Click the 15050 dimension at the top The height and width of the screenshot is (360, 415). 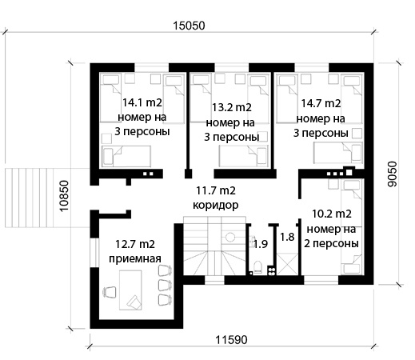click(x=189, y=26)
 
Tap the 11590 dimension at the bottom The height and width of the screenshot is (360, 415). click(x=231, y=340)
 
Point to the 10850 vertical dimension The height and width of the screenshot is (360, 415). click(x=64, y=196)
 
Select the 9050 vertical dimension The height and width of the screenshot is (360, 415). click(x=392, y=174)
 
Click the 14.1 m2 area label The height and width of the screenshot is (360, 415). click(x=142, y=102)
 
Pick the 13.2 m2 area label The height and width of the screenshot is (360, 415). click(x=232, y=107)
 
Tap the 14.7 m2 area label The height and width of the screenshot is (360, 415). click(x=321, y=103)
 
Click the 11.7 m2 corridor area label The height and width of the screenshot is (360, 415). click(x=216, y=190)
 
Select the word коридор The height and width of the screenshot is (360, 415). click(x=216, y=206)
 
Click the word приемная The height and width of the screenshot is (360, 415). click(x=135, y=258)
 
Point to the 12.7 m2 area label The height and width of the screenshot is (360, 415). click(x=135, y=244)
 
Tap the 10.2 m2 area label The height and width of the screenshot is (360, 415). click(x=332, y=214)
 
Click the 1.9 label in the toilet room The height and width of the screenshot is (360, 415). click(x=260, y=244)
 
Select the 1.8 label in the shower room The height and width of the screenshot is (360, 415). click(x=287, y=237)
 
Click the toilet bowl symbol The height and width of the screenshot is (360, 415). click(x=257, y=267)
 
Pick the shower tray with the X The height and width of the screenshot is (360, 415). click(x=287, y=264)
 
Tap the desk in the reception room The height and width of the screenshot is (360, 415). click(x=130, y=290)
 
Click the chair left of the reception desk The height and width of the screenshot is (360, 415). click(x=110, y=292)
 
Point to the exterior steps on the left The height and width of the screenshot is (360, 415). click(x=29, y=198)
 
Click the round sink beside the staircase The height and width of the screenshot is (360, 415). click(x=229, y=237)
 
